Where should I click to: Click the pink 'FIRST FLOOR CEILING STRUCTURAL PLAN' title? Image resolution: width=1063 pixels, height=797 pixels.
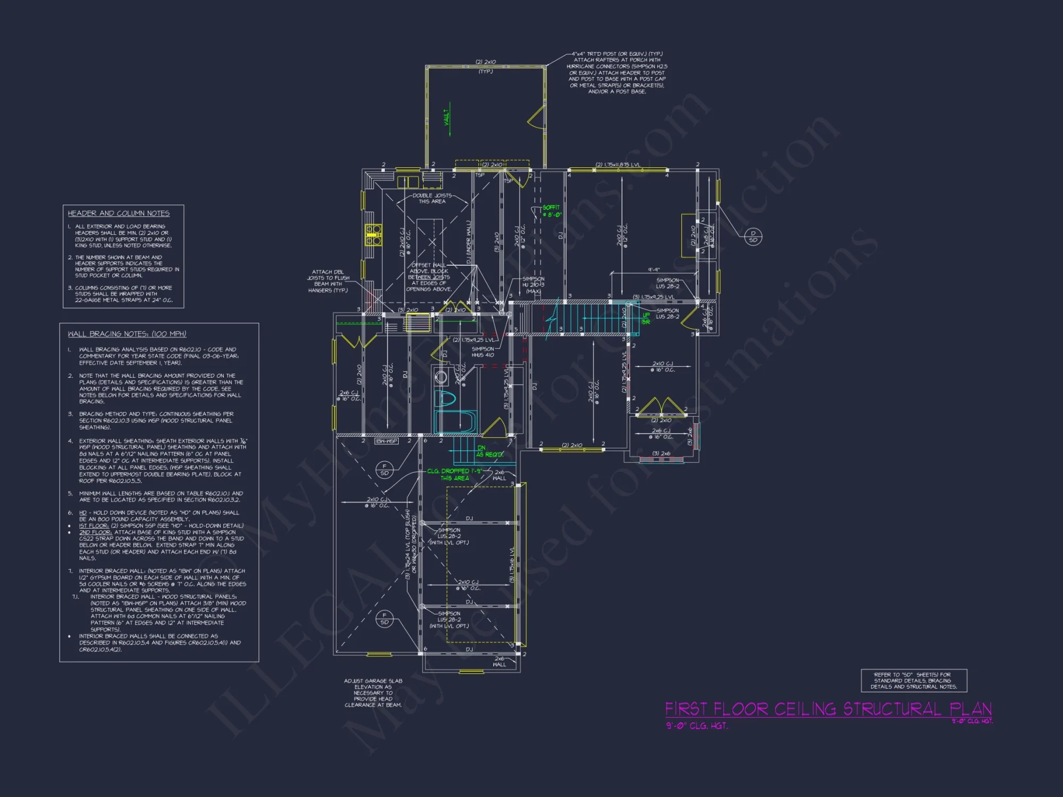828,709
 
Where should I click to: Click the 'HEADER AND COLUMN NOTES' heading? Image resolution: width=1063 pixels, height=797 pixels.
119,213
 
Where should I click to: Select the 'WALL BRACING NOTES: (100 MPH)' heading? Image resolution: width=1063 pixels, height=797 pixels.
126,334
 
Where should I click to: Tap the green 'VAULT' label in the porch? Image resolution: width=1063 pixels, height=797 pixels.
447,117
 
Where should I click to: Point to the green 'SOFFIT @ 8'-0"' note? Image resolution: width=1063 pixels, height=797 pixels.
551,211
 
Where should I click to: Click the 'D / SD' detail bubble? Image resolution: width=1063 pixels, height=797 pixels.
753,236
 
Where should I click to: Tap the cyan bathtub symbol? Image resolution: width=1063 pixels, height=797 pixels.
454,422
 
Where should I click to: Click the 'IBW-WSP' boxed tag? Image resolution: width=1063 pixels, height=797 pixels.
386,441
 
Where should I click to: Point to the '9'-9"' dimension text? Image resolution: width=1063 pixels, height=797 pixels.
654,270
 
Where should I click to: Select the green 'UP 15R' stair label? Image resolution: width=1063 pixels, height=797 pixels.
646,318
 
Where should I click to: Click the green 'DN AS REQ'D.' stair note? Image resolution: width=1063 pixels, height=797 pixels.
488,451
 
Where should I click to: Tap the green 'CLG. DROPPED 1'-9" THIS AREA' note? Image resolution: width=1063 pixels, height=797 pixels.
454,474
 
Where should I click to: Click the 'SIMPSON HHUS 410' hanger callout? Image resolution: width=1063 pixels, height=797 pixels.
483,352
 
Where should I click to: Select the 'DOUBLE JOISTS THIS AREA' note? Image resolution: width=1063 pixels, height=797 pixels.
432,198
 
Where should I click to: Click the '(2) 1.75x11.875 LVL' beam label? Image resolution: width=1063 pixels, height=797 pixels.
618,165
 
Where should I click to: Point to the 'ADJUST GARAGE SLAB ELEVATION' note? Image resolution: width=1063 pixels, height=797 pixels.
373,693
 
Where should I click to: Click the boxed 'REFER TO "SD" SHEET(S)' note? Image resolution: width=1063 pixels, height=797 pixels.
914,681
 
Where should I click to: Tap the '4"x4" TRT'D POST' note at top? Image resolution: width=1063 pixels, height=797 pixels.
617,72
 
